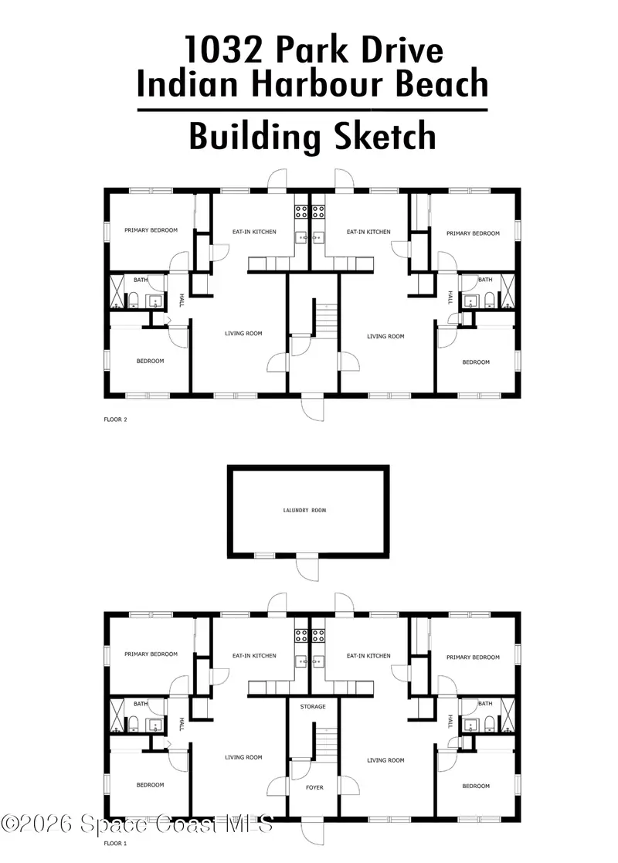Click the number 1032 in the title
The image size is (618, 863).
(224, 49)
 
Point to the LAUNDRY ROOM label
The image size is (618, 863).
(304, 510)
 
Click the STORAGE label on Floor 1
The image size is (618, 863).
(313, 706)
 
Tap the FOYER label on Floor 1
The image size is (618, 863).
(314, 787)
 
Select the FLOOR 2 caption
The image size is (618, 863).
(116, 420)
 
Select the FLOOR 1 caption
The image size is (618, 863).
(116, 843)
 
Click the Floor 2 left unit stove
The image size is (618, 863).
(301, 212)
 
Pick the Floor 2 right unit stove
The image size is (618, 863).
(318, 212)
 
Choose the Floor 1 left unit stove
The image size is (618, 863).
(301, 636)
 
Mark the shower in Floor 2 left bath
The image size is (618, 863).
(117, 292)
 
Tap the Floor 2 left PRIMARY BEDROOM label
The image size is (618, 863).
(151, 230)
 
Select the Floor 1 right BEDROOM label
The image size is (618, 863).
(476, 786)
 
